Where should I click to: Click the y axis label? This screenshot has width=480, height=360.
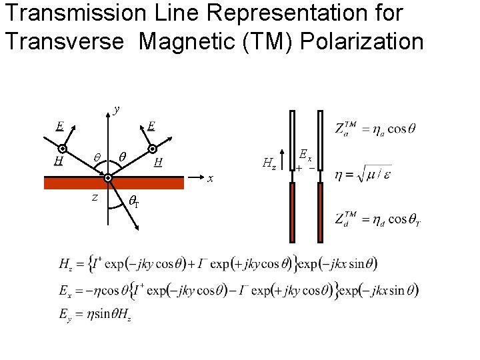117,109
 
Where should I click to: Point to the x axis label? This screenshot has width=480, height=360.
210,179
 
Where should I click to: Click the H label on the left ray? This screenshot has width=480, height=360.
59,161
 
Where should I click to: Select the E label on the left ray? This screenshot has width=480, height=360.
60,126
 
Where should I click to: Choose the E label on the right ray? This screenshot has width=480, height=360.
151,126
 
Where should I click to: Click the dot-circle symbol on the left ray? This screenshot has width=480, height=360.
61,149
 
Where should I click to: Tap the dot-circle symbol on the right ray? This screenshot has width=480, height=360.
152,149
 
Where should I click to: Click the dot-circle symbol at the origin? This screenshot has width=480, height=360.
107,178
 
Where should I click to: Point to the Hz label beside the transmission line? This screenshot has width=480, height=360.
270,162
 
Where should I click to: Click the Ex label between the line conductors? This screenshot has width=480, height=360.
305,155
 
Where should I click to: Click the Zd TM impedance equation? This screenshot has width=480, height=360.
377,220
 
